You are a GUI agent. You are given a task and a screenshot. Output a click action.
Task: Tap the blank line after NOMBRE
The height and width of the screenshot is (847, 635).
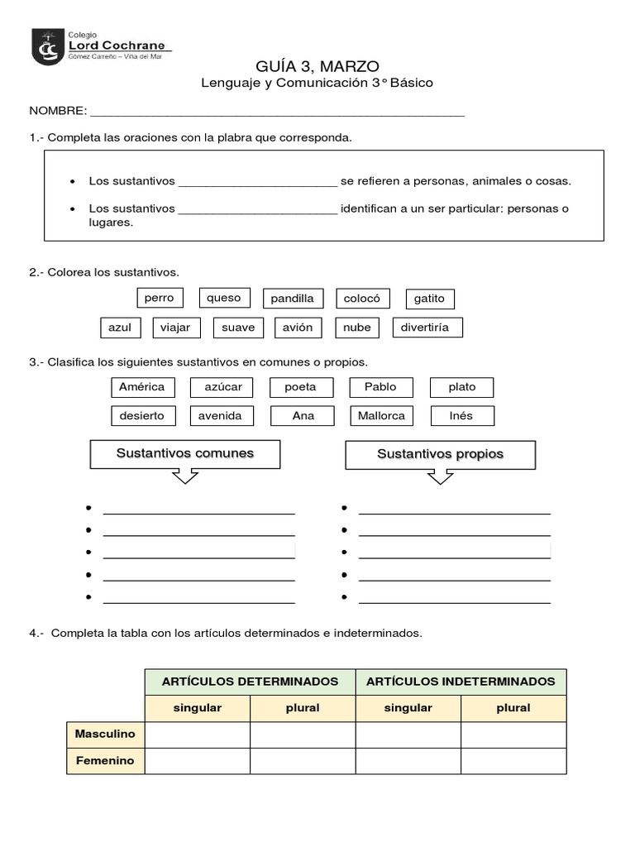pyautogui.click(x=277, y=112)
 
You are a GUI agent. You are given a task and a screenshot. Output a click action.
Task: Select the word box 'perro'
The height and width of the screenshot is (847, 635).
pyautogui.click(x=159, y=298)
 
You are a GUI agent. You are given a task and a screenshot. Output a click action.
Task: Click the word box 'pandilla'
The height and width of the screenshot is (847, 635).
pyautogui.click(x=292, y=299)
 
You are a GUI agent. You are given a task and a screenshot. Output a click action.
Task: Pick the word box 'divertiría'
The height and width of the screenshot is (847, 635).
pyautogui.click(x=427, y=328)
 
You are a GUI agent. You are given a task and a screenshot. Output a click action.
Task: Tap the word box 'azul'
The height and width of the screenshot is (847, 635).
pyautogui.click(x=120, y=328)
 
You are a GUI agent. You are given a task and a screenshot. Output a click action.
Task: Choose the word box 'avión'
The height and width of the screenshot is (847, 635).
pyautogui.click(x=298, y=328)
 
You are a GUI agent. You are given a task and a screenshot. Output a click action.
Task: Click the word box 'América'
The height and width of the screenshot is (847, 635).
pyautogui.click(x=141, y=387)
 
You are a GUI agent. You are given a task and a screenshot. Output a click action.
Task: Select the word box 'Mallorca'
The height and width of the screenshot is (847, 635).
pyautogui.click(x=381, y=416)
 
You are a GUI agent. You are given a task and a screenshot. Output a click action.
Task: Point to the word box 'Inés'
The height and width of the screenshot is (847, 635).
pyautogui.click(x=461, y=416)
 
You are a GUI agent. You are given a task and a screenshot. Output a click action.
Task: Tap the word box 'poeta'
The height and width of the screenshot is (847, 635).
pyautogui.click(x=301, y=387)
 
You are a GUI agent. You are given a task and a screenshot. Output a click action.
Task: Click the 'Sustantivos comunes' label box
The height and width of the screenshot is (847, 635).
pyautogui.click(x=184, y=454)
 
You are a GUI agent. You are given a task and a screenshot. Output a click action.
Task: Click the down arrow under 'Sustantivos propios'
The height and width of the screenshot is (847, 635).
pyautogui.click(x=440, y=476)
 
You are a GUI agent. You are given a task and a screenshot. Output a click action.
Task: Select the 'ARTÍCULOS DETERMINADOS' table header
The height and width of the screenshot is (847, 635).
pyautogui.click(x=250, y=682)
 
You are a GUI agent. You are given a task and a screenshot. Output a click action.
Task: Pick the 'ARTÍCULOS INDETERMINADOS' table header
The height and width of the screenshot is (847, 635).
pyautogui.click(x=461, y=682)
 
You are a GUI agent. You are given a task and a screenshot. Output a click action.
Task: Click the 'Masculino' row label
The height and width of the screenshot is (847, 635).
pyautogui.click(x=105, y=735)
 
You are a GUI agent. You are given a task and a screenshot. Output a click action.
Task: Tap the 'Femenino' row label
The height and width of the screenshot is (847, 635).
pyautogui.click(x=105, y=761)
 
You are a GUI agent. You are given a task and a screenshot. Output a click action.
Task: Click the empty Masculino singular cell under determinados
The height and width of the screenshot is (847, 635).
pyautogui.click(x=197, y=735)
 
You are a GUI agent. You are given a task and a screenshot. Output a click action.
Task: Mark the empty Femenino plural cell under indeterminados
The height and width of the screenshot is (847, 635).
pyautogui.click(x=513, y=761)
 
